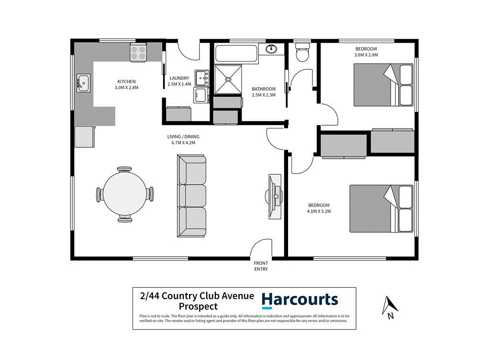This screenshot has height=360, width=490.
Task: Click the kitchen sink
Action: tap(83, 83)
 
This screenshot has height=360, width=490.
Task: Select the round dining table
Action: tap(124, 194)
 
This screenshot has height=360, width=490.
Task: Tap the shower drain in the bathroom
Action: tap(228, 80)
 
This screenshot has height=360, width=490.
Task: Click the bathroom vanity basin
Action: tap(272, 49)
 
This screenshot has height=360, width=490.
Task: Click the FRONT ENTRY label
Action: tap(261, 266)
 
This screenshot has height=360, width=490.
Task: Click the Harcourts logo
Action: tap(300, 300)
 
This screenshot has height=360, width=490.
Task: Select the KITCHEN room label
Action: tap(126, 81)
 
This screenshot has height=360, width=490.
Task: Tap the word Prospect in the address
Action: tap(198, 306)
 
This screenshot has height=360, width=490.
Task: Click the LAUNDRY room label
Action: tap(179, 78)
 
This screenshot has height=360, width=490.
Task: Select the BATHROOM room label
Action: tap(264, 89)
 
